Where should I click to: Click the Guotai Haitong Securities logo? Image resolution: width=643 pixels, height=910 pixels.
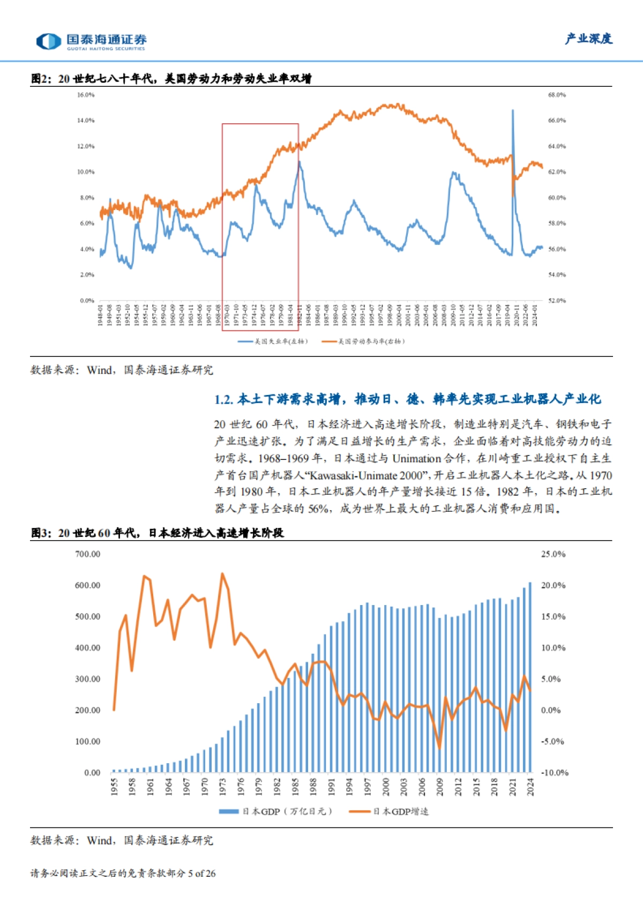pos(91,41)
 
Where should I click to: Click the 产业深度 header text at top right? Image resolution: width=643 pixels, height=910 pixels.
pos(588,39)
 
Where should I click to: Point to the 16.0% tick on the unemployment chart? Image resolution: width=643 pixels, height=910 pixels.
pos(86,95)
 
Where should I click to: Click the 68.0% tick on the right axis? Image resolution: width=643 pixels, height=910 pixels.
pos(557,95)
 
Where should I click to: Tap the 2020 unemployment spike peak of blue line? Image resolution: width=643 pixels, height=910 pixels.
pos(512,111)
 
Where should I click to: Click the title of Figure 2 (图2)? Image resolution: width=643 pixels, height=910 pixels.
pos(171,79)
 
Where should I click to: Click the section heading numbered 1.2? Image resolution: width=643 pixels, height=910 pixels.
pos(407,399)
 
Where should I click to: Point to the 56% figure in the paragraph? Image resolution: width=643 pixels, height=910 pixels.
pos(318,509)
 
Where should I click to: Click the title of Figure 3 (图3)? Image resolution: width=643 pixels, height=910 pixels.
pos(157,533)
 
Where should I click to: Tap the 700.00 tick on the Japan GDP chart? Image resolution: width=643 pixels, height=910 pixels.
pos(87,554)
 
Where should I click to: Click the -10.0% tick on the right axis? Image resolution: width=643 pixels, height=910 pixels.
pos(555,773)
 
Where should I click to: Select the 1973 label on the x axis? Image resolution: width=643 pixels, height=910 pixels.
pos(223,787)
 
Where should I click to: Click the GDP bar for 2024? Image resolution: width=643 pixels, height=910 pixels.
pos(530,678)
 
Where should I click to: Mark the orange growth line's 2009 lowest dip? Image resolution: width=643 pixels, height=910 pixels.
pos(439,748)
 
